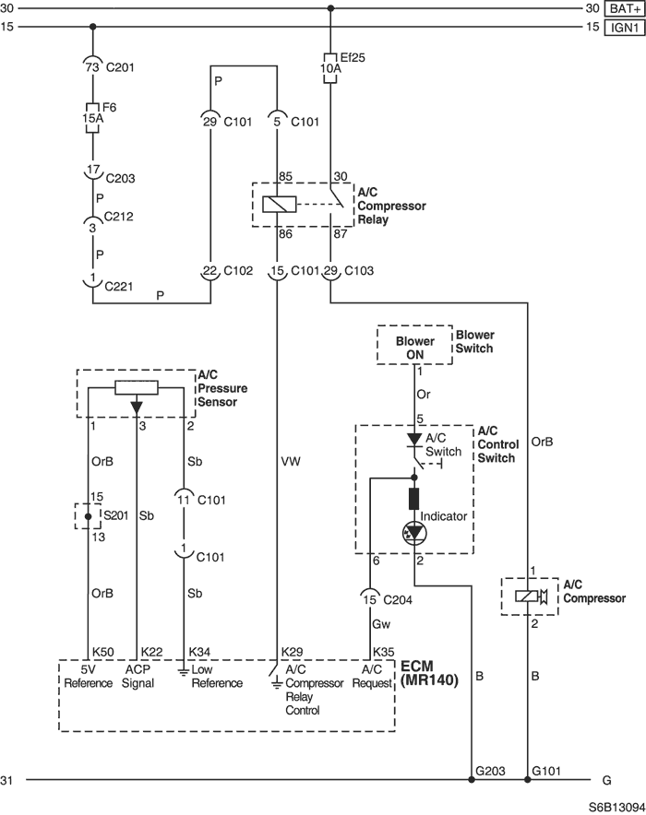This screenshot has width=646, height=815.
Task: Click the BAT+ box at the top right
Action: click(624, 9)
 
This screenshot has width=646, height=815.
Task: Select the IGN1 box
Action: click(624, 27)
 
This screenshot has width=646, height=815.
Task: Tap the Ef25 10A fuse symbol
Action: click(330, 68)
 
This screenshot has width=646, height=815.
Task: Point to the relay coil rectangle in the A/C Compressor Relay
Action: click(280, 205)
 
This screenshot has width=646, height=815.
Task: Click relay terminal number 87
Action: click(341, 234)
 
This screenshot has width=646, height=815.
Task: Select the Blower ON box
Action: click(414, 345)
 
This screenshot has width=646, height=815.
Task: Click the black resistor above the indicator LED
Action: click(414, 499)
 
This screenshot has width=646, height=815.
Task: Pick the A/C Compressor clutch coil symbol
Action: click(527, 596)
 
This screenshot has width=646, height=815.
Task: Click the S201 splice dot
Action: click(88, 516)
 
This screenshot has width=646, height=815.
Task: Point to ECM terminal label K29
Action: click(292, 652)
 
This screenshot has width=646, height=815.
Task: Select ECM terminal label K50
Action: click(103, 652)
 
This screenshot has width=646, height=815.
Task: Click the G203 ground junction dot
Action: click(472, 780)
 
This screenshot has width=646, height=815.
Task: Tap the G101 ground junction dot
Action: click(527, 780)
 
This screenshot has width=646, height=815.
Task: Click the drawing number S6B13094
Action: click(616, 808)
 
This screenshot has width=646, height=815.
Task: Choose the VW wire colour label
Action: click(291, 462)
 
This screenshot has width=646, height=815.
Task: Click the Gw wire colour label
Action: click(381, 624)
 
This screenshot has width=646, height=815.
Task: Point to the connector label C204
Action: click(398, 600)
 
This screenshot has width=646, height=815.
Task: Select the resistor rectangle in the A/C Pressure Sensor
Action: click(137, 388)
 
